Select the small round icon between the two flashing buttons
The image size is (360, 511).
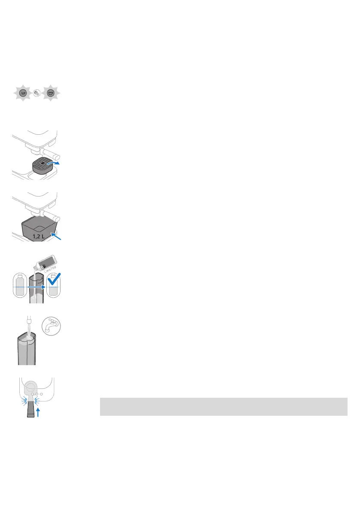point(37,94)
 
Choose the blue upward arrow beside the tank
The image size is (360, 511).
point(38,413)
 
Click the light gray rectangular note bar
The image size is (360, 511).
point(223,406)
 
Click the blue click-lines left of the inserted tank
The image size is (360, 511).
point(24,401)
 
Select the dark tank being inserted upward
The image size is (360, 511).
point(30,410)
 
